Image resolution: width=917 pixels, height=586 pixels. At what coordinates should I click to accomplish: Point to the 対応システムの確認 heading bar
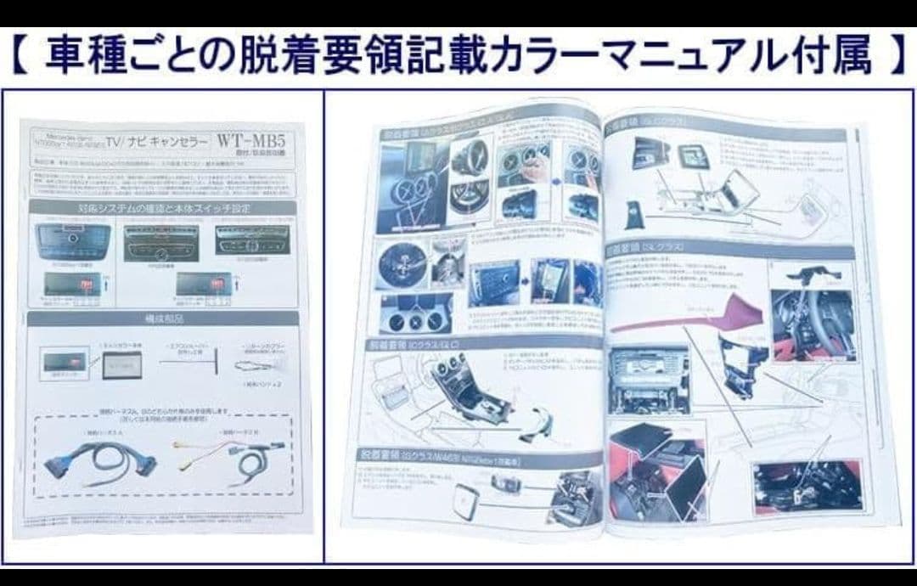162,208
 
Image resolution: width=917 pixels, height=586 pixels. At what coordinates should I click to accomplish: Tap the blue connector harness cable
94,464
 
